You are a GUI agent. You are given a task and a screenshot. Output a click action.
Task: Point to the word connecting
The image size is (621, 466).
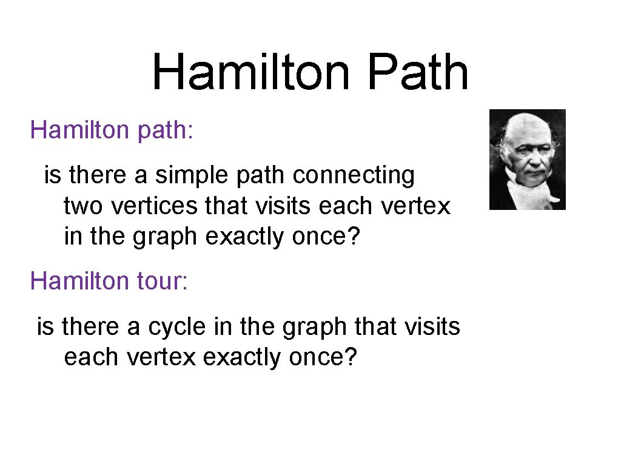point(354,175)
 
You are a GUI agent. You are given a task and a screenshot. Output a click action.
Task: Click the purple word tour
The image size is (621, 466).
point(162,281)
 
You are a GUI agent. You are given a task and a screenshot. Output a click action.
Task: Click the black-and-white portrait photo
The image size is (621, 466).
point(527,160)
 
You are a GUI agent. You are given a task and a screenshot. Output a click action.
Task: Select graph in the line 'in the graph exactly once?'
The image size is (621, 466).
point(161,237)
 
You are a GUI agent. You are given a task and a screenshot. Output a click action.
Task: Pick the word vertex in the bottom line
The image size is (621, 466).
point(162,357)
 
